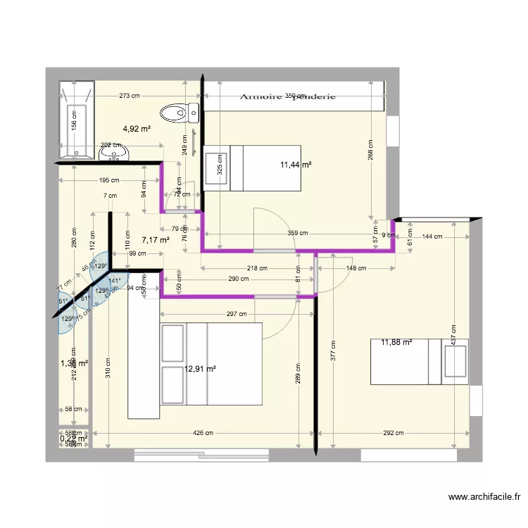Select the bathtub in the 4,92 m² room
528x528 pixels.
(x=76, y=120)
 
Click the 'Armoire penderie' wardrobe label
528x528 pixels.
(x=287, y=96)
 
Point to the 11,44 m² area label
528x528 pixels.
(x=296, y=165)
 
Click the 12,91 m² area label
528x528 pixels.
(x=200, y=367)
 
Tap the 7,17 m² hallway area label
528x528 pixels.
(x=156, y=240)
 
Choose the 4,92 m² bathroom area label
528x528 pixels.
(x=137, y=129)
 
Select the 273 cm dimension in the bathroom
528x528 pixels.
(x=129, y=96)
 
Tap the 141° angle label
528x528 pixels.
(x=113, y=279)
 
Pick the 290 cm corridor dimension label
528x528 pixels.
(x=238, y=279)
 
